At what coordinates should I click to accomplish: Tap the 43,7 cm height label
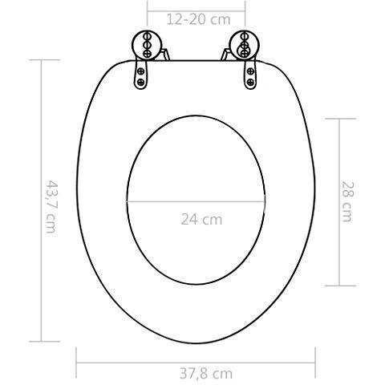point(51,206)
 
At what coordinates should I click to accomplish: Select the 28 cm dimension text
point(346,201)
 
